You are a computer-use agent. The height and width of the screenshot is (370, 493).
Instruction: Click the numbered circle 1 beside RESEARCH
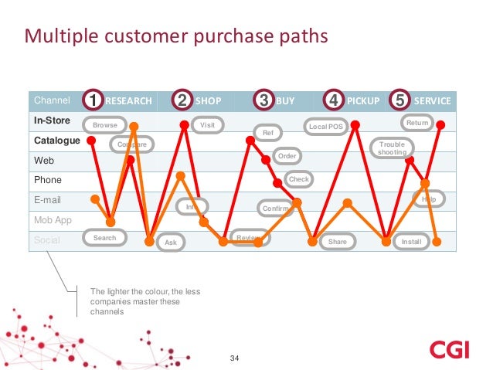pyautogui.click(x=93, y=101)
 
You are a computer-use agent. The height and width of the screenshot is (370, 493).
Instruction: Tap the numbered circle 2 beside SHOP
pyautogui.click(x=183, y=101)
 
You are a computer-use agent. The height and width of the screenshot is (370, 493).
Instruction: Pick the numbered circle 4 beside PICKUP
pyautogui.click(x=334, y=101)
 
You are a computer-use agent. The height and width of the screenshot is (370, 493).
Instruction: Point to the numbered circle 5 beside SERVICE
pyautogui.click(x=399, y=101)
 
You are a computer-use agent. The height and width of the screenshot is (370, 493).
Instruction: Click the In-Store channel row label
pyautogui.click(x=52, y=121)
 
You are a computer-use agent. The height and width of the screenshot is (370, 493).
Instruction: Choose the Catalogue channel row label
pyautogui.click(x=56, y=141)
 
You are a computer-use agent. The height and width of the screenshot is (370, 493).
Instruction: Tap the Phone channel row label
pyautogui.click(x=47, y=180)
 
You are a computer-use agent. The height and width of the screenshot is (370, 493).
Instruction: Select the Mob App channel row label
pyautogui.click(x=52, y=220)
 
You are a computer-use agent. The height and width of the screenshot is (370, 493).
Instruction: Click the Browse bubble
pyautogui.click(x=105, y=125)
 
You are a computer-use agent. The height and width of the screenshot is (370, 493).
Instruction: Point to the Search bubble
pyautogui.click(x=104, y=238)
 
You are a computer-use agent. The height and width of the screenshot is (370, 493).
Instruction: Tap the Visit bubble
pyautogui.click(x=206, y=124)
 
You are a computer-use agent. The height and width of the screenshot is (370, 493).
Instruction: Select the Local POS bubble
pyautogui.click(x=325, y=126)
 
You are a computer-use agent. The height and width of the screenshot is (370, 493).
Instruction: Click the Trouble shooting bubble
pyautogui.click(x=392, y=148)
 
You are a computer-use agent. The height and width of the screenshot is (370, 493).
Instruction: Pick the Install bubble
pyautogui.click(x=411, y=242)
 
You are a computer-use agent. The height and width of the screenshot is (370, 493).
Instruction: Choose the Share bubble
pyautogui.click(x=338, y=242)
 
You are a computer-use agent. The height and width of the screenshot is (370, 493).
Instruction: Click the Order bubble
pyautogui.click(x=287, y=156)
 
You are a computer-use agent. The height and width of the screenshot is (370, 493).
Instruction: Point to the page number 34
pyautogui.click(x=236, y=358)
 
